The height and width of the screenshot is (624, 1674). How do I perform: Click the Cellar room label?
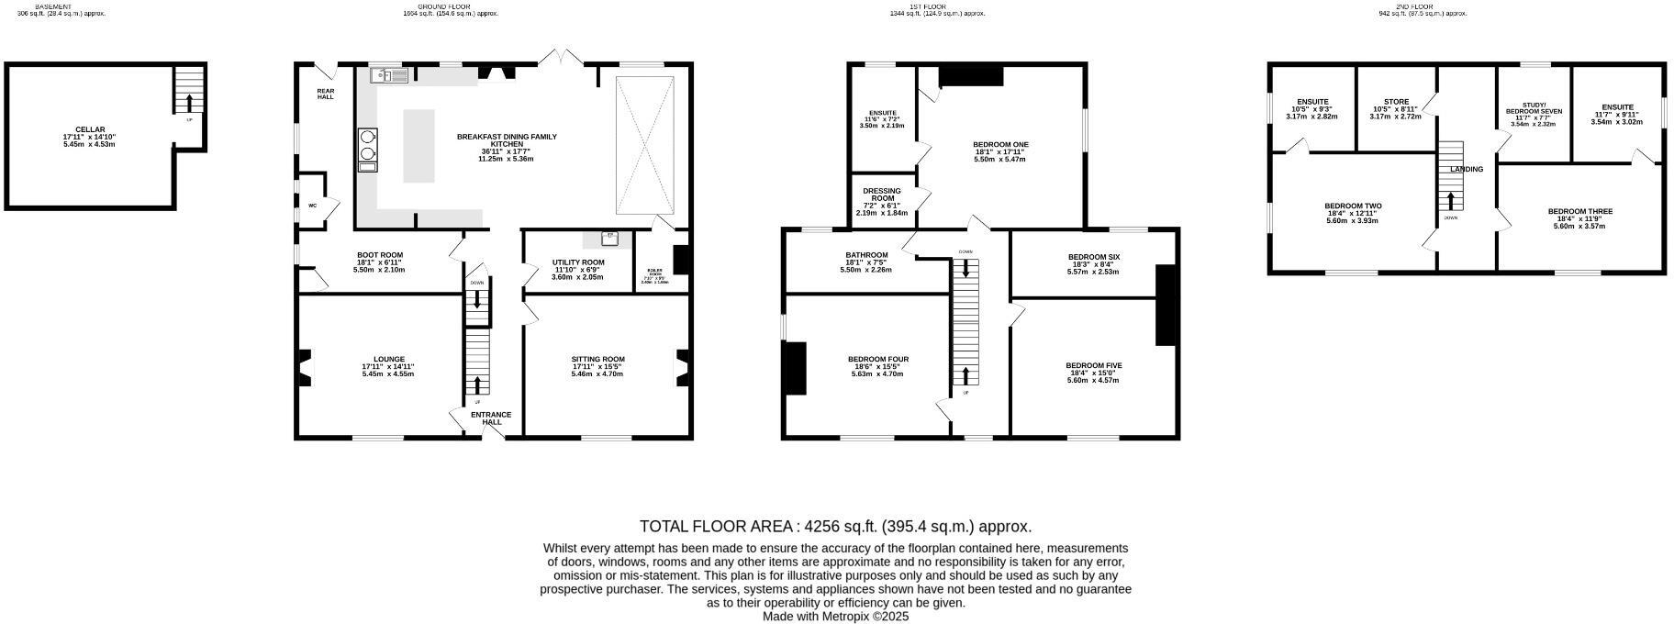click(90, 129)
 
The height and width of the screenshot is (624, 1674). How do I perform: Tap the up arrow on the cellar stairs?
click(189, 102)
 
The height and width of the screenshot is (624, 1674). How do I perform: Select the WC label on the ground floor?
click(312, 206)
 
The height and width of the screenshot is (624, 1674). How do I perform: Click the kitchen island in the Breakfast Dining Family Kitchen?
click(418, 145)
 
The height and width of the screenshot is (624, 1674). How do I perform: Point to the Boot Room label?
click(379, 255)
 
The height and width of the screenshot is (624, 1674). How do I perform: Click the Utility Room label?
click(578, 262)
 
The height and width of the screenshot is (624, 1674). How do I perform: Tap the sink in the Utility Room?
click(610, 238)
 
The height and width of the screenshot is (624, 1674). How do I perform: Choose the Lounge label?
click(389, 360)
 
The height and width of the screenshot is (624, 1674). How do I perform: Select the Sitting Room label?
click(597, 360)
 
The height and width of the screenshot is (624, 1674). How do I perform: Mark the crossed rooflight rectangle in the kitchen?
click(645, 145)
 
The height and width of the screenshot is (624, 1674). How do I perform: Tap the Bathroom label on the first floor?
click(866, 255)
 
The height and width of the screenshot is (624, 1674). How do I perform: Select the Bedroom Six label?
click(1093, 257)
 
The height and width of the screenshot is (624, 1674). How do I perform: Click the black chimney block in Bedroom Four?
click(795, 368)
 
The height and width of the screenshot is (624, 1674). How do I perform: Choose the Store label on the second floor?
click(1395, 102)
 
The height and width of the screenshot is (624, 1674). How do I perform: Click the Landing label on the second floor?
click(1466, 169)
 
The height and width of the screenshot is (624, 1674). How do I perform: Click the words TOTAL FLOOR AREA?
click(717, 527)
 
